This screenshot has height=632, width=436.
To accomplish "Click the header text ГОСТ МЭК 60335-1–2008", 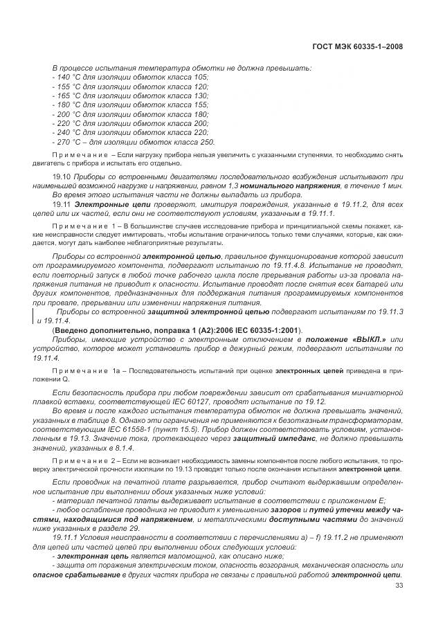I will (x=358, y=47).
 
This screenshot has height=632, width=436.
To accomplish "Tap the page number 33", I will (x=398, y=588).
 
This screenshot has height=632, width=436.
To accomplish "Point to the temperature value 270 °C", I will (x=68, y=141).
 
